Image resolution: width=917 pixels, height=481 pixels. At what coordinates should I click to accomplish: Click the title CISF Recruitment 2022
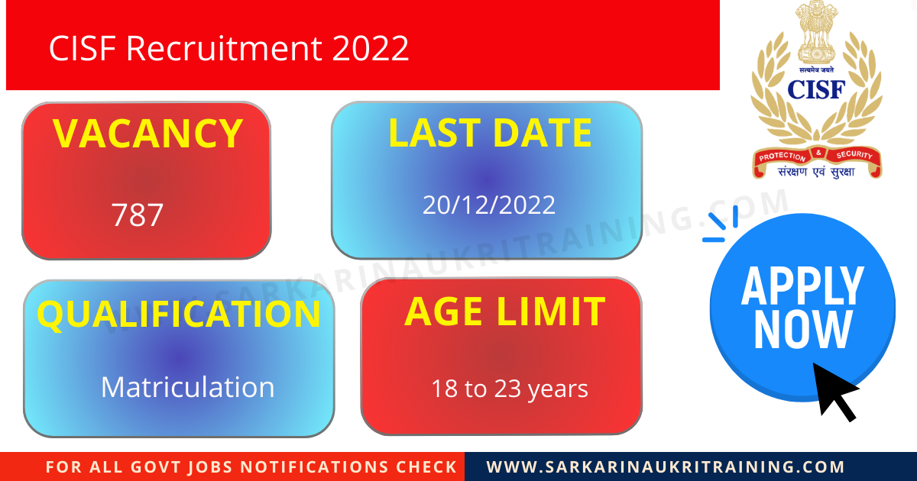click(x=229, y=49)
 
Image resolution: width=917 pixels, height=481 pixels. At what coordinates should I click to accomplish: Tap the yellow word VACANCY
click(x=147, y=134)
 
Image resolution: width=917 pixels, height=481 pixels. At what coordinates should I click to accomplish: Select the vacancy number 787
click(x=138, y=215)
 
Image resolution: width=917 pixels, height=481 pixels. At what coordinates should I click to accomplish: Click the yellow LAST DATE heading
click(x=490, y=133)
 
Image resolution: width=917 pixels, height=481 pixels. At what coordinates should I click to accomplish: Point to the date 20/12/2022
click(x=489, y=205)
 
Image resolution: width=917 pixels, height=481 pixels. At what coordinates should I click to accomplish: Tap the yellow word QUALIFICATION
click(x=179, y=315)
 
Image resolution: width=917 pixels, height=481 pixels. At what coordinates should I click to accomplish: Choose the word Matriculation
click(x=187, y=387)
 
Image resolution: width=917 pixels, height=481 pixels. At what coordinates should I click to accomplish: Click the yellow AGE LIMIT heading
click(x=504, y=312)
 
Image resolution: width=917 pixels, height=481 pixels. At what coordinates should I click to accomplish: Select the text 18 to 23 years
click(x=509, y=389)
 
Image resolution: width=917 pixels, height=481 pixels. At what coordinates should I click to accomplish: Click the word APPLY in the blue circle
click(x=802, y=286)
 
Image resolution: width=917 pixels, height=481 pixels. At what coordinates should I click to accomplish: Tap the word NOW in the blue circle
click(x=802, y=330)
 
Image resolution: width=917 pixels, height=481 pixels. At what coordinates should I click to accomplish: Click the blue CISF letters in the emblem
click(x=816, y=89)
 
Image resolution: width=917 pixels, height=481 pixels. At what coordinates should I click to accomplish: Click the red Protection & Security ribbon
click(x=816, y=157)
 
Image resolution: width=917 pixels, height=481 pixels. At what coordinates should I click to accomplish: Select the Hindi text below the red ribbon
click(x=816, y=173)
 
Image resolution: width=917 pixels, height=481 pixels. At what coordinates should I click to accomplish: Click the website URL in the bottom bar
click(x=666, y=466)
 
